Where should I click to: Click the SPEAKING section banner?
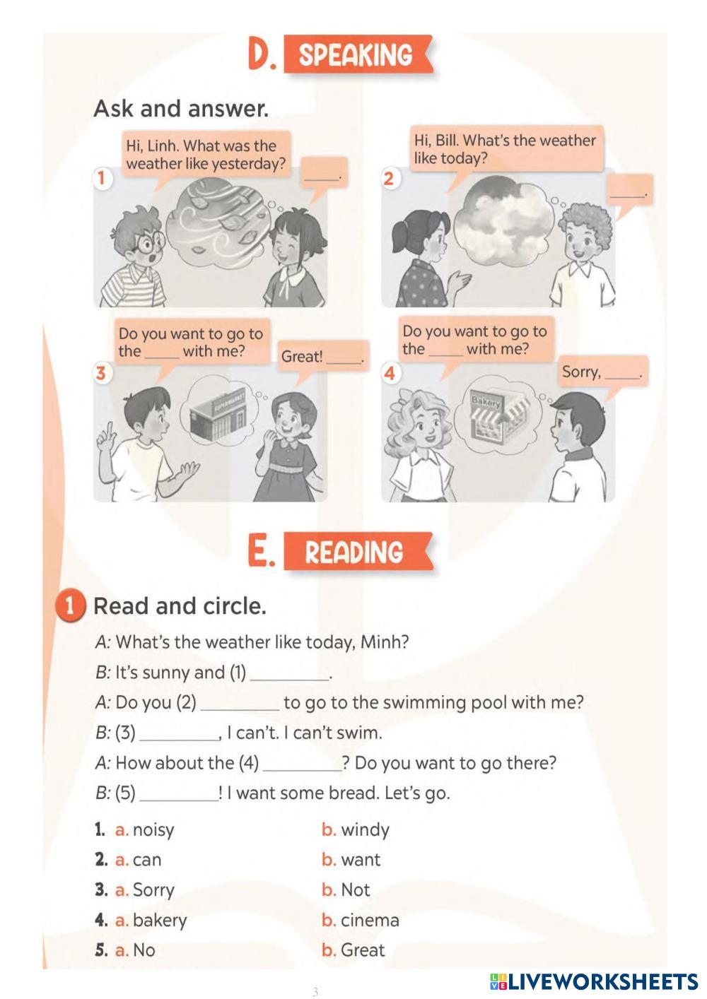tap(358, 54)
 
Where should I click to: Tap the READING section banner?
tap(358, 551)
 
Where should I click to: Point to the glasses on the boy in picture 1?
tap(149, 242)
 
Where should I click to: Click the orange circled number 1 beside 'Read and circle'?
tap(69, 606)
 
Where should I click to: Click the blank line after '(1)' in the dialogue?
tap(289, 680)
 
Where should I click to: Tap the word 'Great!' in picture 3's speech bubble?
tap(302, 357)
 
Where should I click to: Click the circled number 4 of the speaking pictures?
tap(390, 373)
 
